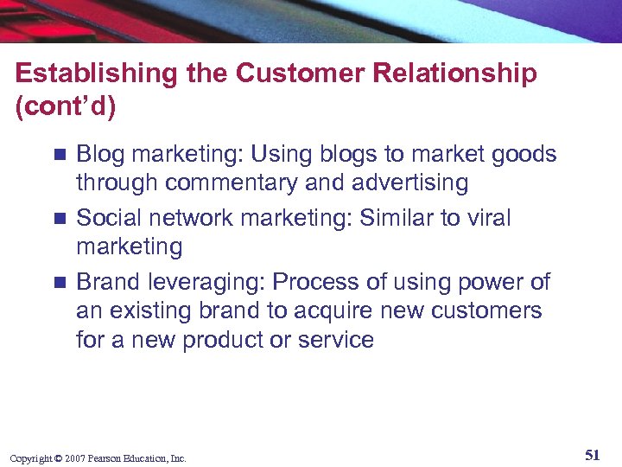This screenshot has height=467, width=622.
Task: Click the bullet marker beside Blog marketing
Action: [x=59, y=156]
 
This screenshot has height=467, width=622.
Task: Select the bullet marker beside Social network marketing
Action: [x=59, y=219]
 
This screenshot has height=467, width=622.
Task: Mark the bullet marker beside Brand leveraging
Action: [x=59, y=283]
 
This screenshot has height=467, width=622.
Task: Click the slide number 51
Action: [x=592, y=455]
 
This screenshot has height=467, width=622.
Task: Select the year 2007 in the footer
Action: [x=73, y=458]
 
